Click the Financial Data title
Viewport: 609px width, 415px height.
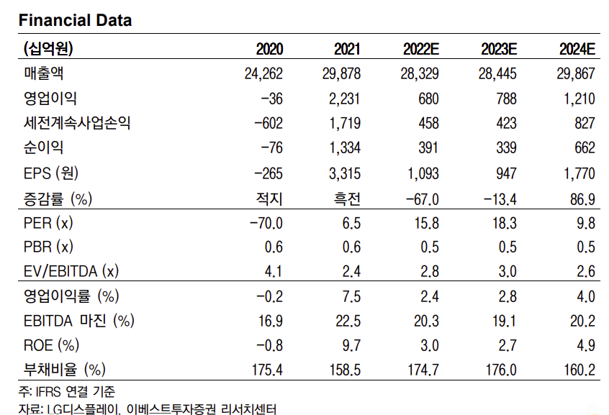tap(76, 20)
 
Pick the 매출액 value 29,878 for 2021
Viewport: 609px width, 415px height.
tap(338, 73)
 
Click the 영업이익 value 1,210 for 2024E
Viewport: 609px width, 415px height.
tap(575, 99)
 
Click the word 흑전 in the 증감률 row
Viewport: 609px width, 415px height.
tap(346, 198)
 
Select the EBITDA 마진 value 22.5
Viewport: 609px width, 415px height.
tap(348, 321)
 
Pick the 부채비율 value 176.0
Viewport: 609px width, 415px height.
tap(500, 370)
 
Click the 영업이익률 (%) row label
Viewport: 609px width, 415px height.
tap(71, 296)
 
